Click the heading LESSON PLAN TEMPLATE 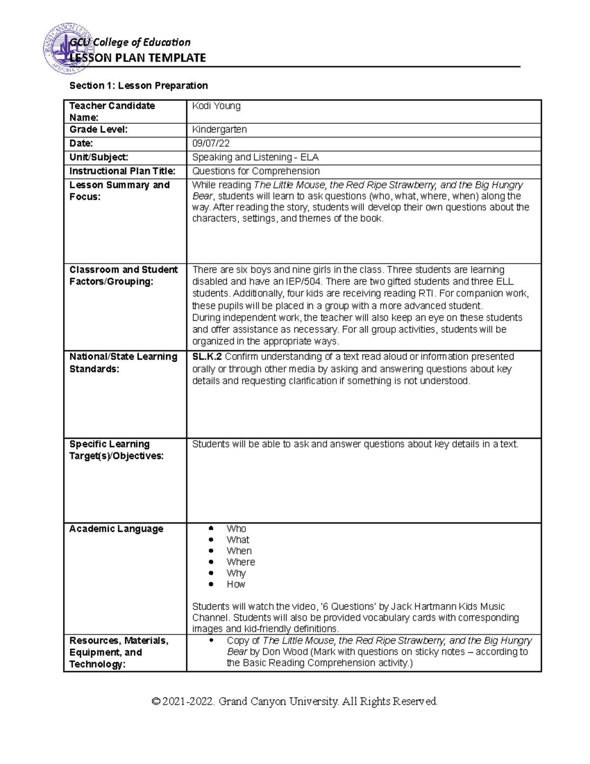click(138, 58)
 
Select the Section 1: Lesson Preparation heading click(139, 86)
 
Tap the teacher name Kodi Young click(216, 106)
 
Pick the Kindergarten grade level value click(219, 129)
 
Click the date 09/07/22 click(211, 144)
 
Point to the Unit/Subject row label click(99, 157)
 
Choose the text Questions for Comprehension click(256, 171)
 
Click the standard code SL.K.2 click(207, 357)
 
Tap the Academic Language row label click(116, 529)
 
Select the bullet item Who click(236, 529)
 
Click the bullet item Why click(236, 573)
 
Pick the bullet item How click(236, 584)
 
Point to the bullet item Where click(240, 562)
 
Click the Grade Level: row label click(98, 129)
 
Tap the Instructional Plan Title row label click(122, 171)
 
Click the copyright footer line click(295, 701)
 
